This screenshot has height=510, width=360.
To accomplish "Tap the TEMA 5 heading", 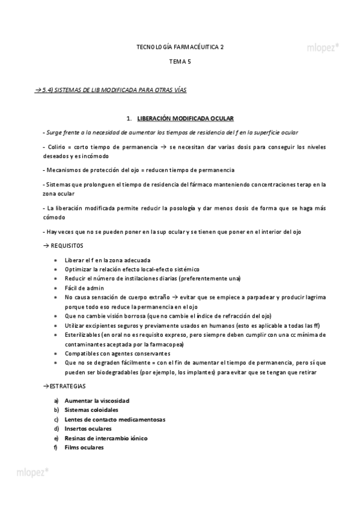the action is pyautogui.click(x=180, y=62).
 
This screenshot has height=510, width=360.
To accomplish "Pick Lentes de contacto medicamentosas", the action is pyautogui.click(x=115, y=419).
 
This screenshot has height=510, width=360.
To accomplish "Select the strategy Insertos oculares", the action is pyautogui.click(x=88, y=429).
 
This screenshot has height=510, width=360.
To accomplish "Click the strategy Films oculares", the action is pyautogui.click(x=84, y=447).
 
